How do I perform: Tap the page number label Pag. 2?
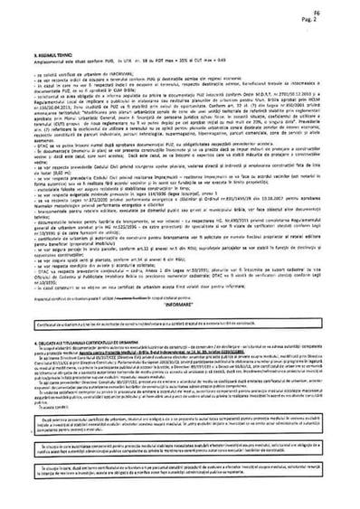coord(344,16)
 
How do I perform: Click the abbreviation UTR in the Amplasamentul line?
coord(129,61)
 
